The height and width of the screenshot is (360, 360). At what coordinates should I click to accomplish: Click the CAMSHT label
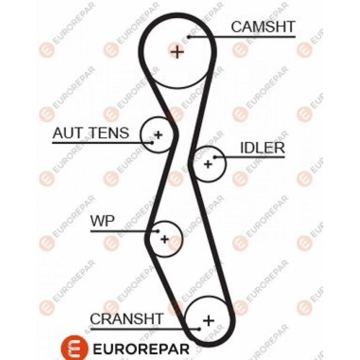tap(263, 27)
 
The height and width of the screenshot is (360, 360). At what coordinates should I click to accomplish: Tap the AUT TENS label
tap(91, 133)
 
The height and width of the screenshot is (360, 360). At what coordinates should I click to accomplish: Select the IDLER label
tap(262, 148)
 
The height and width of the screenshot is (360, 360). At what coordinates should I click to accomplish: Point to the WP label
tap(102, 221)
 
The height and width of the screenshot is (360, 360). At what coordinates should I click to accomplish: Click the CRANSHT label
tap(127, 319)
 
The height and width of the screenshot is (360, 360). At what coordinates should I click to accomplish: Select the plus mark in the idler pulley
tap(208, 163)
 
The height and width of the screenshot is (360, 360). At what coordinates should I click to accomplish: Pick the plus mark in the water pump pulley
tap(164, 239)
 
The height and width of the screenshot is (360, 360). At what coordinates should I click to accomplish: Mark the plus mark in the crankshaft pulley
tap(208, 320)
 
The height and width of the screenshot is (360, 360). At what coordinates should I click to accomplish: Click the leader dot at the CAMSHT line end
tap(189, 37)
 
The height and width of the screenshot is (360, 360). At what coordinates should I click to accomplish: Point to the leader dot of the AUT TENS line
tap(152, 142)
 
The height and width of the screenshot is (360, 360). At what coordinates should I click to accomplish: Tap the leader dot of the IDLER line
tap(215, 157)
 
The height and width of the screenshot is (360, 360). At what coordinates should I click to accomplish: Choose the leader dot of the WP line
tap(158, 231)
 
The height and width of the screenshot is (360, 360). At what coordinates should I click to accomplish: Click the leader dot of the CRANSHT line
tap(199, 329)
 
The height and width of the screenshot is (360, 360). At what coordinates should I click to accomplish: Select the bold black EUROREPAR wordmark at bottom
tap(141, 348)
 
